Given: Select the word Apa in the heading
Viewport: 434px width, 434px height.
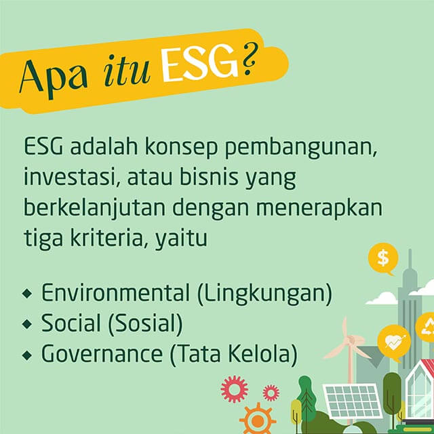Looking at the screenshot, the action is [54, 77].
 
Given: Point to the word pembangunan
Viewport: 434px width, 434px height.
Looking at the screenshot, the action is [301, 148].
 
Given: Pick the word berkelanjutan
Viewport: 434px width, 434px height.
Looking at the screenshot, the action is [95, 208].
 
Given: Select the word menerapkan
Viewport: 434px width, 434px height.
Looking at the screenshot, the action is [319, 208].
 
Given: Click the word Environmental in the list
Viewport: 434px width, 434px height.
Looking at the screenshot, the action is [116, 293].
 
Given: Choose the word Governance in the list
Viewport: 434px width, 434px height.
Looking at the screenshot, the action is [102, 354].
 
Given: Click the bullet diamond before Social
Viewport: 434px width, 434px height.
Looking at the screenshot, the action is [27, 324].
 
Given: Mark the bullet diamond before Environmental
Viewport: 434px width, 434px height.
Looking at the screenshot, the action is [27, 293].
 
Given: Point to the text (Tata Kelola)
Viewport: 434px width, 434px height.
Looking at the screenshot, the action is [233, 354].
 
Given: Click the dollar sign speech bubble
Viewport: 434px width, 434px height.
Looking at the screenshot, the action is [382, 258].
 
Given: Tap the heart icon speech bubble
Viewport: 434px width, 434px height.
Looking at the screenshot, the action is [394, 343].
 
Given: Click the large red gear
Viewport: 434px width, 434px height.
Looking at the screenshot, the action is [235, 389].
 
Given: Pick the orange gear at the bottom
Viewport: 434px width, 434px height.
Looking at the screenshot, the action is [258, 420].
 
